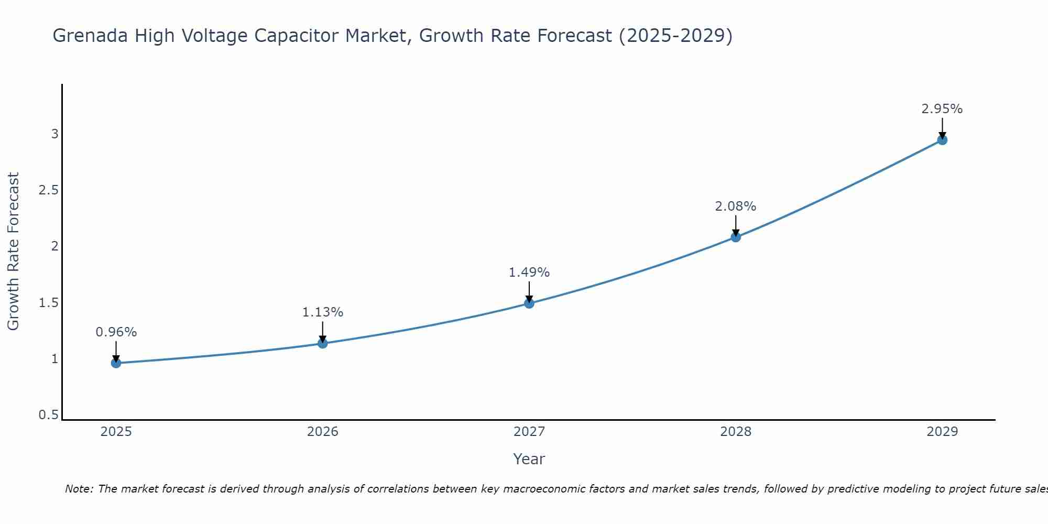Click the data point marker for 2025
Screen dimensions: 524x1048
click(116, 363)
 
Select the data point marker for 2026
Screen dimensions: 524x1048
click(323, 343)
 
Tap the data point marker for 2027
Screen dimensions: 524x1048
click(529, 303)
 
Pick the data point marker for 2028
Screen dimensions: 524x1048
click(736, 237)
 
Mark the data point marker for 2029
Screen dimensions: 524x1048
click(942, 140)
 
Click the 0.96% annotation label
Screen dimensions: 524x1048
click(116, 332)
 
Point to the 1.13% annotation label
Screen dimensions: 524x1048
click(323, 312)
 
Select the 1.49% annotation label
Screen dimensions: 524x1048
click(529, 272)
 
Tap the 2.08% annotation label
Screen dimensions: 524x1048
click(736, 206)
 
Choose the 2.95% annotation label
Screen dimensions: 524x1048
click(942, 109)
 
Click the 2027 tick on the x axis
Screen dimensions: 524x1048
click(529, 432)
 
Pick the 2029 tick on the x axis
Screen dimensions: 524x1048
click(942, 432)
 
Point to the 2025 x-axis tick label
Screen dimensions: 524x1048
click(116, 432)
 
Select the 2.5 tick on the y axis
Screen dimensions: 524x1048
click(48, 190)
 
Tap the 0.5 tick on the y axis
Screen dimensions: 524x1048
click(48, 415)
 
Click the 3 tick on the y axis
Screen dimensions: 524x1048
click(54, 134)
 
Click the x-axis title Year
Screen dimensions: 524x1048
click(529, 459)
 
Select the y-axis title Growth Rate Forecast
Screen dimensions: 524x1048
click(13, 252)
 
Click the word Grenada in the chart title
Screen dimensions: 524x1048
click(90, 36)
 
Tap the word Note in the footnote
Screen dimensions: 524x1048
click(78, 489)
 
